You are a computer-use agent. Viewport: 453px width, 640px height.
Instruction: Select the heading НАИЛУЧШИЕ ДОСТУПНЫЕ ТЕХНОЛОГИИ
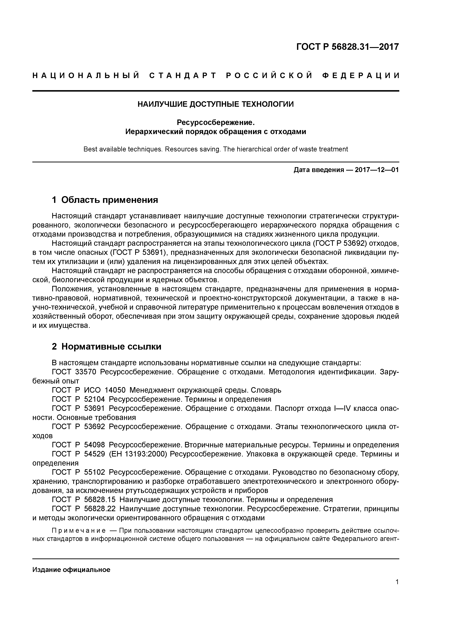[216, 104]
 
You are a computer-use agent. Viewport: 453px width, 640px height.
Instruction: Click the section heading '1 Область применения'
[105, 200]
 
